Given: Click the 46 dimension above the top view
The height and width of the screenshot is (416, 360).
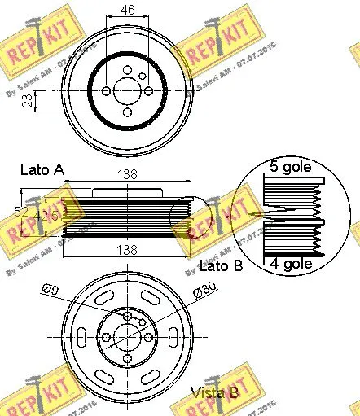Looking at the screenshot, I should click(126, 11).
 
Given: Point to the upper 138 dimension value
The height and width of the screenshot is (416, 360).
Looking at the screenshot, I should click(126, 175).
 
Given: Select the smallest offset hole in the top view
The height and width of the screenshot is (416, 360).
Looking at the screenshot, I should click(143, 76).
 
